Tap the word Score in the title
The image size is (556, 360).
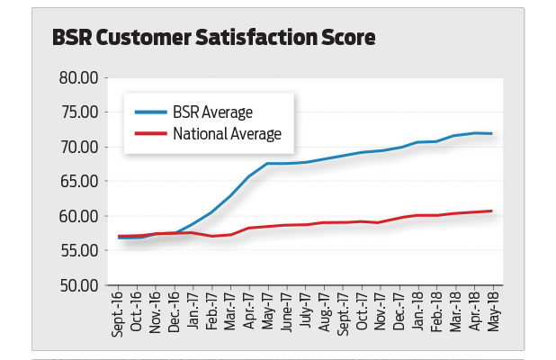coord(346,38)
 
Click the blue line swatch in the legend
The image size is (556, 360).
coord(150,112)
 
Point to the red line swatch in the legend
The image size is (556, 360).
coord(150,134)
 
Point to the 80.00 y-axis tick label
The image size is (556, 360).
coord(78,77)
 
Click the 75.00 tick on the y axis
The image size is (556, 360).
coord(78,112)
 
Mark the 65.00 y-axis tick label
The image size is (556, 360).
coord(78,181)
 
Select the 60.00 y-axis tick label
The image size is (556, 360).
coord(78,216)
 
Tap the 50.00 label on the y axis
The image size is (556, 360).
coord(78,285)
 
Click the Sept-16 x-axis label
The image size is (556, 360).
coord(119,313)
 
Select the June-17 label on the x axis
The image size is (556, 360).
coord(286,312)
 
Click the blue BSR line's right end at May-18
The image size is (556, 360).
coord(491,133)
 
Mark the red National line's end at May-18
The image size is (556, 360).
coord(491,211)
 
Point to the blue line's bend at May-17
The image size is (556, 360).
coord(268,164)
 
